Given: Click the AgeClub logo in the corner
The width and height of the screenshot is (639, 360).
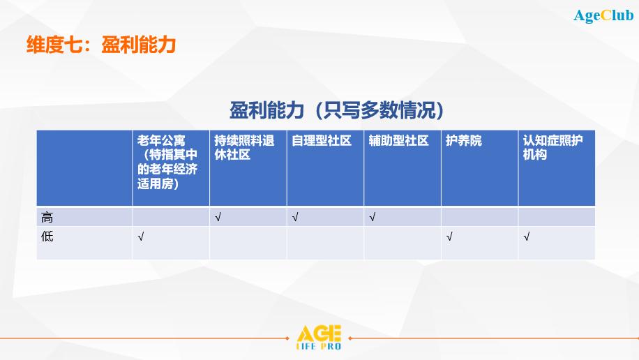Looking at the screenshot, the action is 603,15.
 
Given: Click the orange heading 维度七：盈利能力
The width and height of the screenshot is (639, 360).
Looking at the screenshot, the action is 101,45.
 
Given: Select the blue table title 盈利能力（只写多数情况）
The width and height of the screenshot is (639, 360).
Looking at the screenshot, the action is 337,110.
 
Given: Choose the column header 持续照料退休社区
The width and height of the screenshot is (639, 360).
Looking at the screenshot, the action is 244,147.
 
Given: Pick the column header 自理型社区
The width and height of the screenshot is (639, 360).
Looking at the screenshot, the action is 321,141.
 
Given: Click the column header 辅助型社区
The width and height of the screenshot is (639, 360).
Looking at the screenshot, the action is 398,141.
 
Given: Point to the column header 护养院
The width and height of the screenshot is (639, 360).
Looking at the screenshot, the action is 464,141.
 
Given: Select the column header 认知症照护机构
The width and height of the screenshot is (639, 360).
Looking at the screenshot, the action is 552,147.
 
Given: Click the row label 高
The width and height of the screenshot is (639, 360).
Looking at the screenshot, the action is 47,217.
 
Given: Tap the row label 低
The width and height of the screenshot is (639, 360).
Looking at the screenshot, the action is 47,237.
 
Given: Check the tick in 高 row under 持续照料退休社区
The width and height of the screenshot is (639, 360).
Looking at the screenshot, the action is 218,217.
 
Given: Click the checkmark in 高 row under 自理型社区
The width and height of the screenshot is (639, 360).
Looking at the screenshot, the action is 295,217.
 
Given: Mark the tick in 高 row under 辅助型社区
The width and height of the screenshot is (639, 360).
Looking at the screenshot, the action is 372,217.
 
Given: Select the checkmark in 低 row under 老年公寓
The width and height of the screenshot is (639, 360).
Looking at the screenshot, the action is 141,237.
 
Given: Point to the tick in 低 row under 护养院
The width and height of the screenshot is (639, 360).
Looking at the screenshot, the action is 449,237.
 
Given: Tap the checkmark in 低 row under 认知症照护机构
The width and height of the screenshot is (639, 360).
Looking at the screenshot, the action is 527,237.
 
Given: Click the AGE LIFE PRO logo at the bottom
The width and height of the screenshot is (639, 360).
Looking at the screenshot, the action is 319,338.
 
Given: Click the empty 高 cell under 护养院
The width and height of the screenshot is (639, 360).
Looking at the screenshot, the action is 479,217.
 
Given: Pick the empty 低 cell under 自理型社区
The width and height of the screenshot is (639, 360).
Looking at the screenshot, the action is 325,243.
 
